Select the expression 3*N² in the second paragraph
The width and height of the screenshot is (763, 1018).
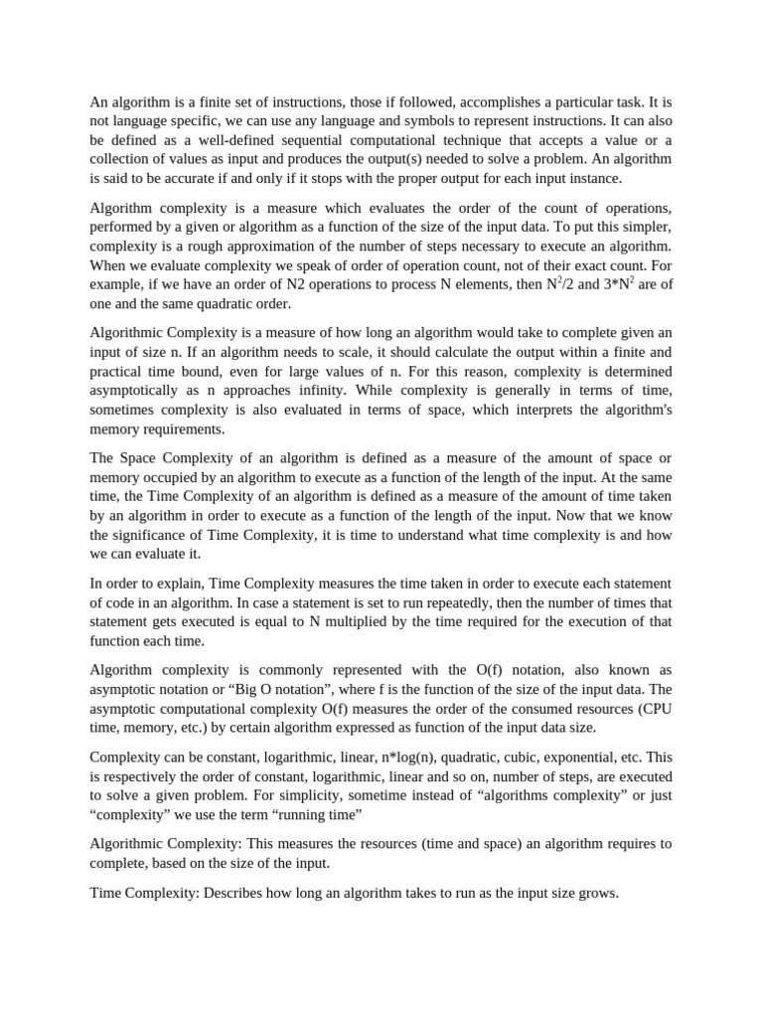pos(594,283)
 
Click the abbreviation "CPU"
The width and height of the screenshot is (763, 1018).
pos(655,708)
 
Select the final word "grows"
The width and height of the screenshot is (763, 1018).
pos(594,893)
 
